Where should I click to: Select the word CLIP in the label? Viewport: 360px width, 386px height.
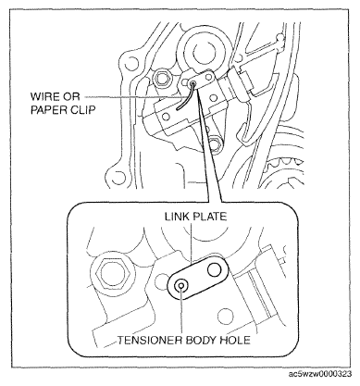point(82,110)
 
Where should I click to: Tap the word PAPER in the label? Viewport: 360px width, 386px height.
point(49,110)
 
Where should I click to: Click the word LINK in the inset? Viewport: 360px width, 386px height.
point(177,217)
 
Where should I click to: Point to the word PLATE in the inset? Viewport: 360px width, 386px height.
point(210,217)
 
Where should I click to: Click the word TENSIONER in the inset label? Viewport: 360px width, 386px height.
point(149,340)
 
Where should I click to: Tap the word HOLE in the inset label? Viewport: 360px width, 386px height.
point(235,340)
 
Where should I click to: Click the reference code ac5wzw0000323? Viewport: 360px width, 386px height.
point(320,374)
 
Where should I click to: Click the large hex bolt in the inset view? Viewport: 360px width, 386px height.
point(112,272)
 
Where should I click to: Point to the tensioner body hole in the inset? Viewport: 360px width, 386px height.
point(180,285)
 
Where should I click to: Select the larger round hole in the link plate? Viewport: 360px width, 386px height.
point(215,270)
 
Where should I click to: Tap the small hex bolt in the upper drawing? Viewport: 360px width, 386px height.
point(161,78)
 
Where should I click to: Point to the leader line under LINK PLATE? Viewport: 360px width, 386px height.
point(192,243)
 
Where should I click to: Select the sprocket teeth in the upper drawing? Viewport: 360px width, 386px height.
point(284,163)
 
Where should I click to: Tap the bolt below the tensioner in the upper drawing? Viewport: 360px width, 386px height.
point(216,143)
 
